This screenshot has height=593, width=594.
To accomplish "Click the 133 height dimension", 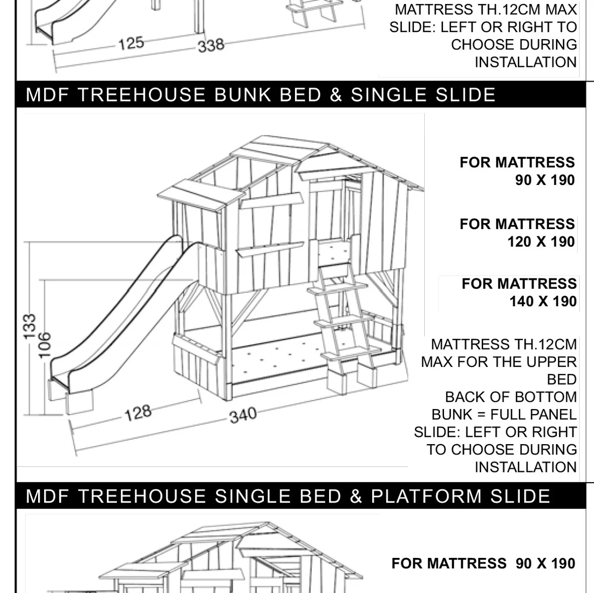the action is [30, 326].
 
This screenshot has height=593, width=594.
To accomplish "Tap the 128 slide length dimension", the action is [138, 413].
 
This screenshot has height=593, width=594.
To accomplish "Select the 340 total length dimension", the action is [243, 415].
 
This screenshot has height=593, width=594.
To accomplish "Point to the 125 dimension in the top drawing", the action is [131, 44].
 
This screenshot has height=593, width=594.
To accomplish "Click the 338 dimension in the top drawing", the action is [211, 46].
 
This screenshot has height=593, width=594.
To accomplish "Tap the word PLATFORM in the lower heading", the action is [426, 496].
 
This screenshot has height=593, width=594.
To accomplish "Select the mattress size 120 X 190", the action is [541, 242].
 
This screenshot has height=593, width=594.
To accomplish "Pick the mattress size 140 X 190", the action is [543, 301].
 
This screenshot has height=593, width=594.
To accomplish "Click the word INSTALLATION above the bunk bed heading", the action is [526, 62].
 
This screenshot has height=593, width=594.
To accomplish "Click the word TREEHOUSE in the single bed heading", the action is [142, 496].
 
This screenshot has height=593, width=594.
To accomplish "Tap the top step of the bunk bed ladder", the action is [338, 288].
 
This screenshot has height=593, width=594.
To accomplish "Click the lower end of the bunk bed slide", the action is [59, 381].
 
